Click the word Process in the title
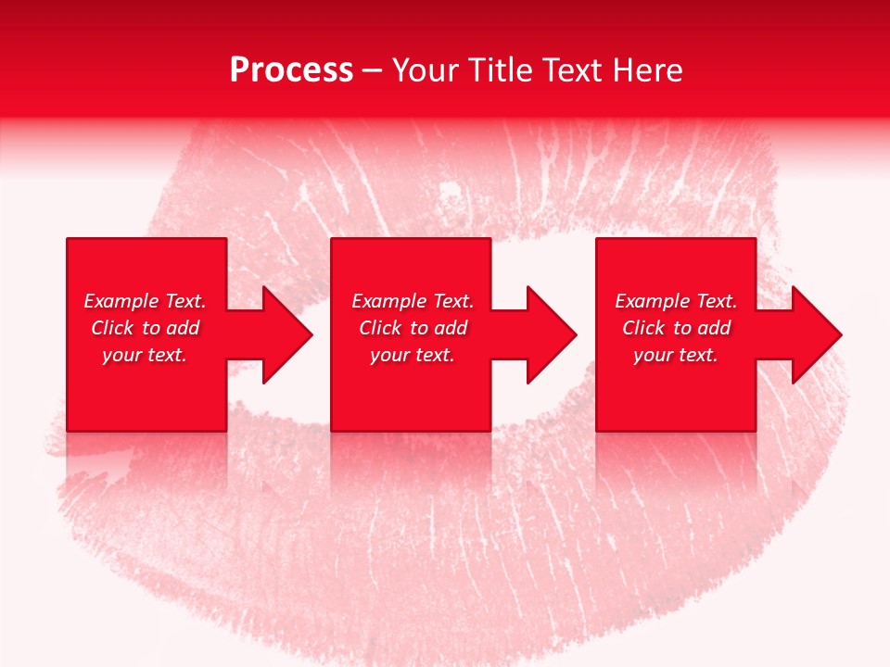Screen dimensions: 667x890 291,70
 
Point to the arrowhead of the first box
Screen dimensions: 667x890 286,334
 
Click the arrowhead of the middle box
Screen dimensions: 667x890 551,334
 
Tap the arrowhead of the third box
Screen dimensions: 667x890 816,334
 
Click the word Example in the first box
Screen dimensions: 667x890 121,301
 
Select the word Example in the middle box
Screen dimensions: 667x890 389,301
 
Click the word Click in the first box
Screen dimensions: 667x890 112,328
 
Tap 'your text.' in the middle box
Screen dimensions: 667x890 413,355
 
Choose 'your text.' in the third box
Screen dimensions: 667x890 676,355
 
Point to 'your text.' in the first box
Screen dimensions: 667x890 145,355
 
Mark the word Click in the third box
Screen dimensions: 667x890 643,328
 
